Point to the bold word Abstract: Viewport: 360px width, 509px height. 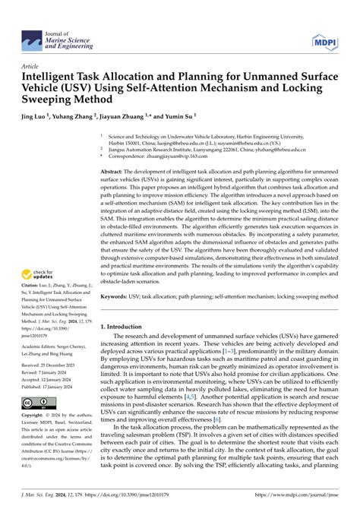tap(116, 172)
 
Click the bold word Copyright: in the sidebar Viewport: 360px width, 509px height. tap(36, 416)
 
